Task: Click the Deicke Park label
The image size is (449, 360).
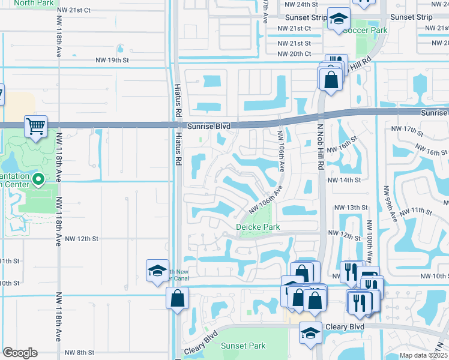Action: click(x=259, y=227)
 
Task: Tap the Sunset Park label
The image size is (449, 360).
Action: click(x=243, y=346)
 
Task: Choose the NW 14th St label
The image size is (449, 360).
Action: click(x=344, y=179)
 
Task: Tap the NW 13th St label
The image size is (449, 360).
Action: click(x=351, y=208)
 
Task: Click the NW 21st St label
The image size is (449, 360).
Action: click(x=294, y=43)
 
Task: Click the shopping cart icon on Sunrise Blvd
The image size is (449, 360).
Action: click(x=36, y=127)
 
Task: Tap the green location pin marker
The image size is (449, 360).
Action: click(x=38, y=179)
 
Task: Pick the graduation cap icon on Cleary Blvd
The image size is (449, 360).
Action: click(x=310, y=333)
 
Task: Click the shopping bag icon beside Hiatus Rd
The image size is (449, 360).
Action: click(x=178, y=298)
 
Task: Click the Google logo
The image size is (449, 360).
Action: click(x=20, y=353)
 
